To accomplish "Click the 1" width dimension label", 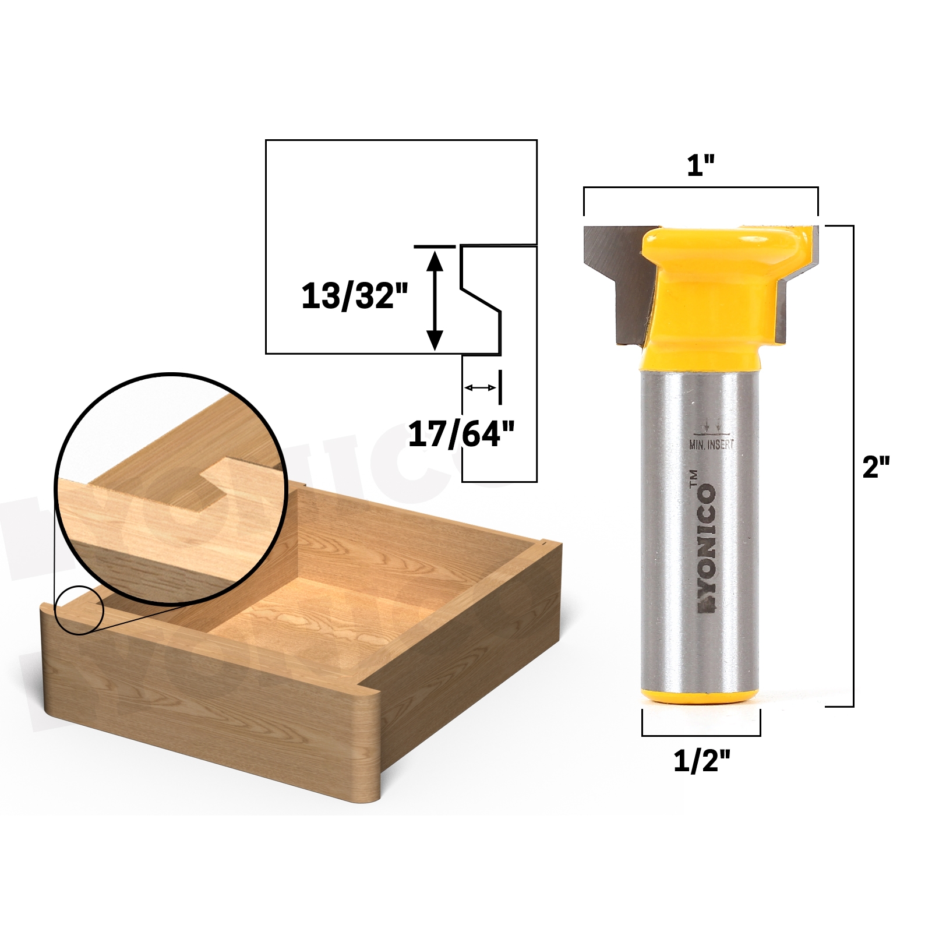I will point(700,166).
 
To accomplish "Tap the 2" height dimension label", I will point(875,467).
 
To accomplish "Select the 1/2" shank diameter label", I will point(701,761).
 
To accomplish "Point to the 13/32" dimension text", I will point(355,296).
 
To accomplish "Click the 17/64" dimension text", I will point(461,434).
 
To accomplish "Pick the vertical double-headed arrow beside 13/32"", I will point(435,300).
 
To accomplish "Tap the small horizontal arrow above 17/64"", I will point(480,387).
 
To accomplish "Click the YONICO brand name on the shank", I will point(707,548).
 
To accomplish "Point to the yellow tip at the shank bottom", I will point(700,696).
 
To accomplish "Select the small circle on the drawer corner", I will point(79,610).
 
